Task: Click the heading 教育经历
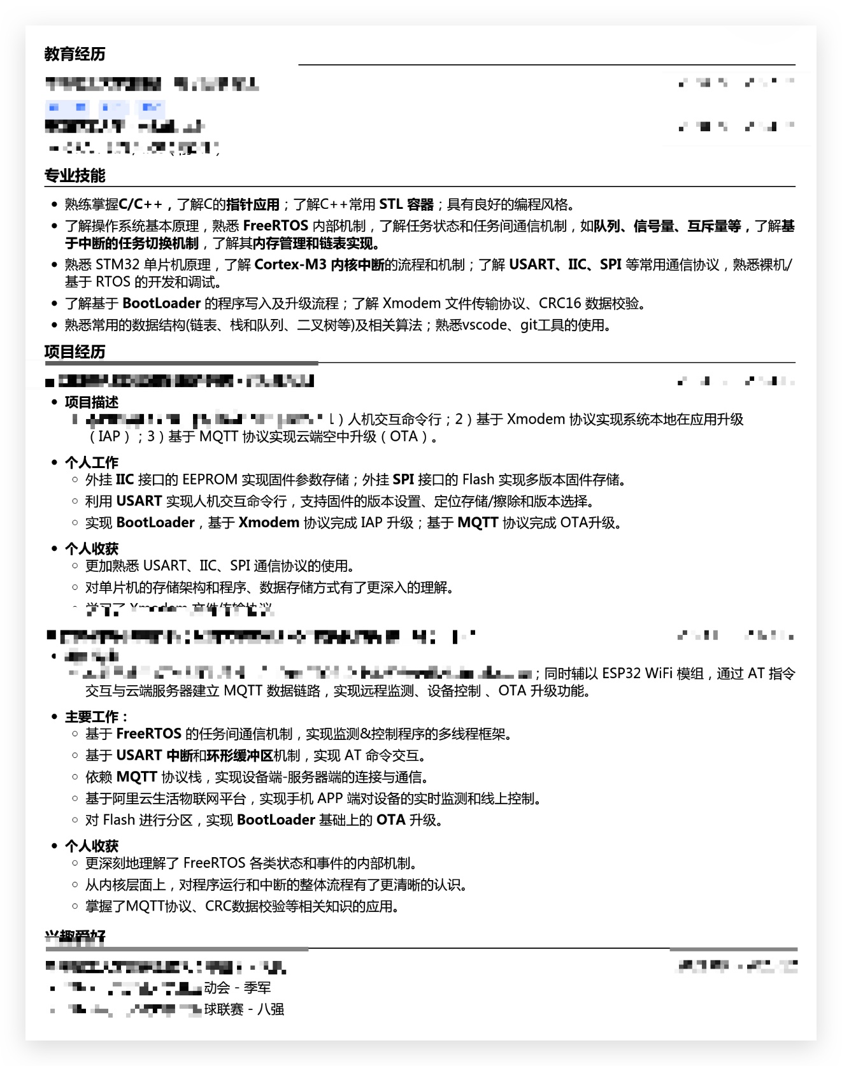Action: click(x=75, y=54)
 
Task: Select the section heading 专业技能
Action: click(x=75, y=176)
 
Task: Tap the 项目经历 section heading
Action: click(x=75, y=352)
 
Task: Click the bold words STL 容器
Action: click(x=406, y=204)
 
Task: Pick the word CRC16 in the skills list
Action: click(x=560, y=304)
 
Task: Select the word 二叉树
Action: click(x=317, y=325)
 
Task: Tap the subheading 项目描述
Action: click(x=92, y=402)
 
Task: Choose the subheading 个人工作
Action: click(x=92, y=462)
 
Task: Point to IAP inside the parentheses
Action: click(x=110, y=437)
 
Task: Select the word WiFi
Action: click(x=659, y=674)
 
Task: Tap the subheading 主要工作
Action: click(x=96, y=717)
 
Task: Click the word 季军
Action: click(x=257, y=988)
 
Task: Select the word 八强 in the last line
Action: click(x=271, y=1009)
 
